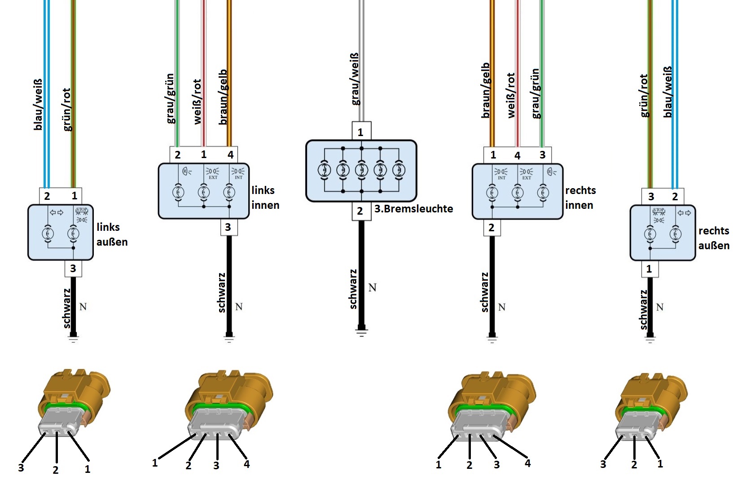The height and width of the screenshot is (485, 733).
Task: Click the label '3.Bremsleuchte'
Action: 413,209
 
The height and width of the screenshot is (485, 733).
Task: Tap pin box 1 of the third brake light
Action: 361,132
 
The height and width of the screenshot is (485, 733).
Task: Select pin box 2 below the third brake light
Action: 360,211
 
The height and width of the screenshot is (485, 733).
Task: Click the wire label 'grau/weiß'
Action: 355,79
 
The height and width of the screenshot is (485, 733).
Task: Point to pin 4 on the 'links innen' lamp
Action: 230,155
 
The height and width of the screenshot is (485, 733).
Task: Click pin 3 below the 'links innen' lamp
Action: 228,227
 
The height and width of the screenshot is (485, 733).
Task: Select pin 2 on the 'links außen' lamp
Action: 47,196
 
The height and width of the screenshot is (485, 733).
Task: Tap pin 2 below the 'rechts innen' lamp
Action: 492,228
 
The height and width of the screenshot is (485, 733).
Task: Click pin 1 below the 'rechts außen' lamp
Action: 649,269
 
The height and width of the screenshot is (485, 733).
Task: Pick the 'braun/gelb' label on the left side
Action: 223,97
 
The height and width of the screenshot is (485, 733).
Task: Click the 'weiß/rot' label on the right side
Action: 511,96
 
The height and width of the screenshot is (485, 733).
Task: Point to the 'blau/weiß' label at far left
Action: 38,105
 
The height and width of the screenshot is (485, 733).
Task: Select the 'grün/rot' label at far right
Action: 644,96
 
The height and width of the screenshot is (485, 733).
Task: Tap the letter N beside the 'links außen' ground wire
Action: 83,307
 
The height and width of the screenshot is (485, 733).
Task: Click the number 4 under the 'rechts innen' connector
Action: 527,463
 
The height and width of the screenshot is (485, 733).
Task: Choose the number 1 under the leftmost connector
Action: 88,469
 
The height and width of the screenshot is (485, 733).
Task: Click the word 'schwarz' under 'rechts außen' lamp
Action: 644,310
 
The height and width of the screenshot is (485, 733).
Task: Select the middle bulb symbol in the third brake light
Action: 361,170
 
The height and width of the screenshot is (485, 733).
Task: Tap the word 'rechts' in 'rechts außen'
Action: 714,231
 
